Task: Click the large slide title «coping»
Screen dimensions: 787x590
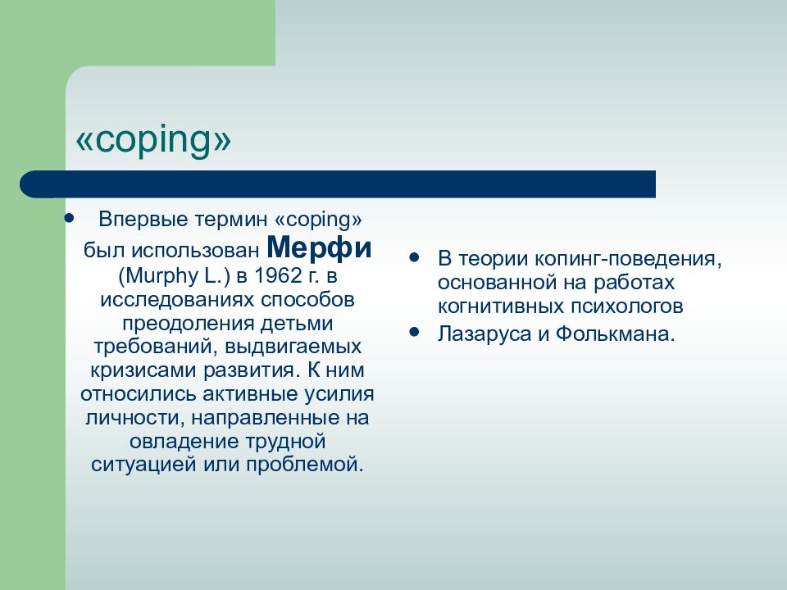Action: (x=153, y=140)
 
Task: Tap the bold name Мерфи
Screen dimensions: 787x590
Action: (x=319, y=247)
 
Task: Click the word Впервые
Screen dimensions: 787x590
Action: (x=143, y=220)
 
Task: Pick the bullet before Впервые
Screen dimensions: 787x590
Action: (x=69, y=218)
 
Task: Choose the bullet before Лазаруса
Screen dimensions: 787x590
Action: (x=414, y=332)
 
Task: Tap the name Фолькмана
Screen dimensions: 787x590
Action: (x=615, y=334)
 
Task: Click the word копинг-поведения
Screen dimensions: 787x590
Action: (x=627, y=259)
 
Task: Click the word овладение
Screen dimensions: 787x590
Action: (x=184, y=442)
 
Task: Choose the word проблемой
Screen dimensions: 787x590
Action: (x=304, y=465)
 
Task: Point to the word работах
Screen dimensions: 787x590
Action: (x=634, y=283)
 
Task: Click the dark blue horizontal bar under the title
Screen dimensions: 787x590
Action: (x=338, y=184)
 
